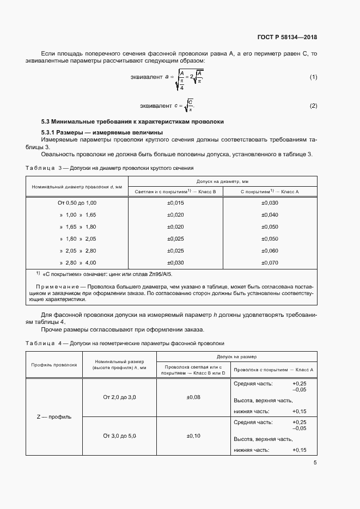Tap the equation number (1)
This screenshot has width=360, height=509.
[313, 77]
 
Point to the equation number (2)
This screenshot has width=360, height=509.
[313, 105]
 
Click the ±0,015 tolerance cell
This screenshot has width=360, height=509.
[175, 203]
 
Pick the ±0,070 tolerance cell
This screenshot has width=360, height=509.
[270, 263]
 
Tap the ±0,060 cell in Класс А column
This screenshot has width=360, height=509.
[270, 251]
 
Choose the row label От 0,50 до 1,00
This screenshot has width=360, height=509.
[77, 203]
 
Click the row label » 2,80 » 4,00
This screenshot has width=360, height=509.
[77, 263]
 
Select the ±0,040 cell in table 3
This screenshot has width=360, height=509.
[270, 215]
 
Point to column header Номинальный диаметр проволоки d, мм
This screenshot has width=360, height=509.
[77, 186]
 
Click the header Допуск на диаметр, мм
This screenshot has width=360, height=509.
[222, 181]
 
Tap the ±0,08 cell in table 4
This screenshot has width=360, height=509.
[193, 397]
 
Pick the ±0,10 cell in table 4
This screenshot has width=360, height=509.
[193, 436]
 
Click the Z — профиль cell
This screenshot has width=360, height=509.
[54, 417]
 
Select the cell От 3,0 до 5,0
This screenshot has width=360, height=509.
[119, 436]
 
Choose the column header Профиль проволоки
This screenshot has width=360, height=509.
[54, 365]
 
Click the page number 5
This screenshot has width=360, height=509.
[315, 463]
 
